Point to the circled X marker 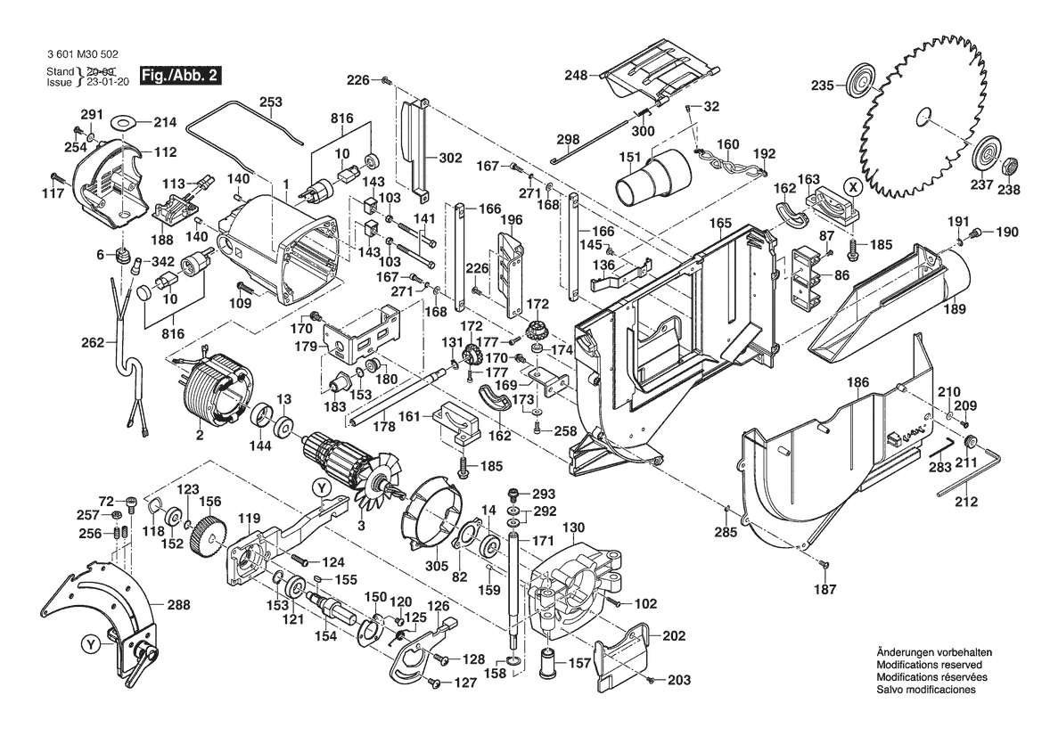[853, 187]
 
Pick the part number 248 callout [576, 76]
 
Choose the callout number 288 [178, 605]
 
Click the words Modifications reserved [930, 666]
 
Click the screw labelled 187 [825, 565]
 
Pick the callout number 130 [573, 527]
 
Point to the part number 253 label [271, 102]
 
